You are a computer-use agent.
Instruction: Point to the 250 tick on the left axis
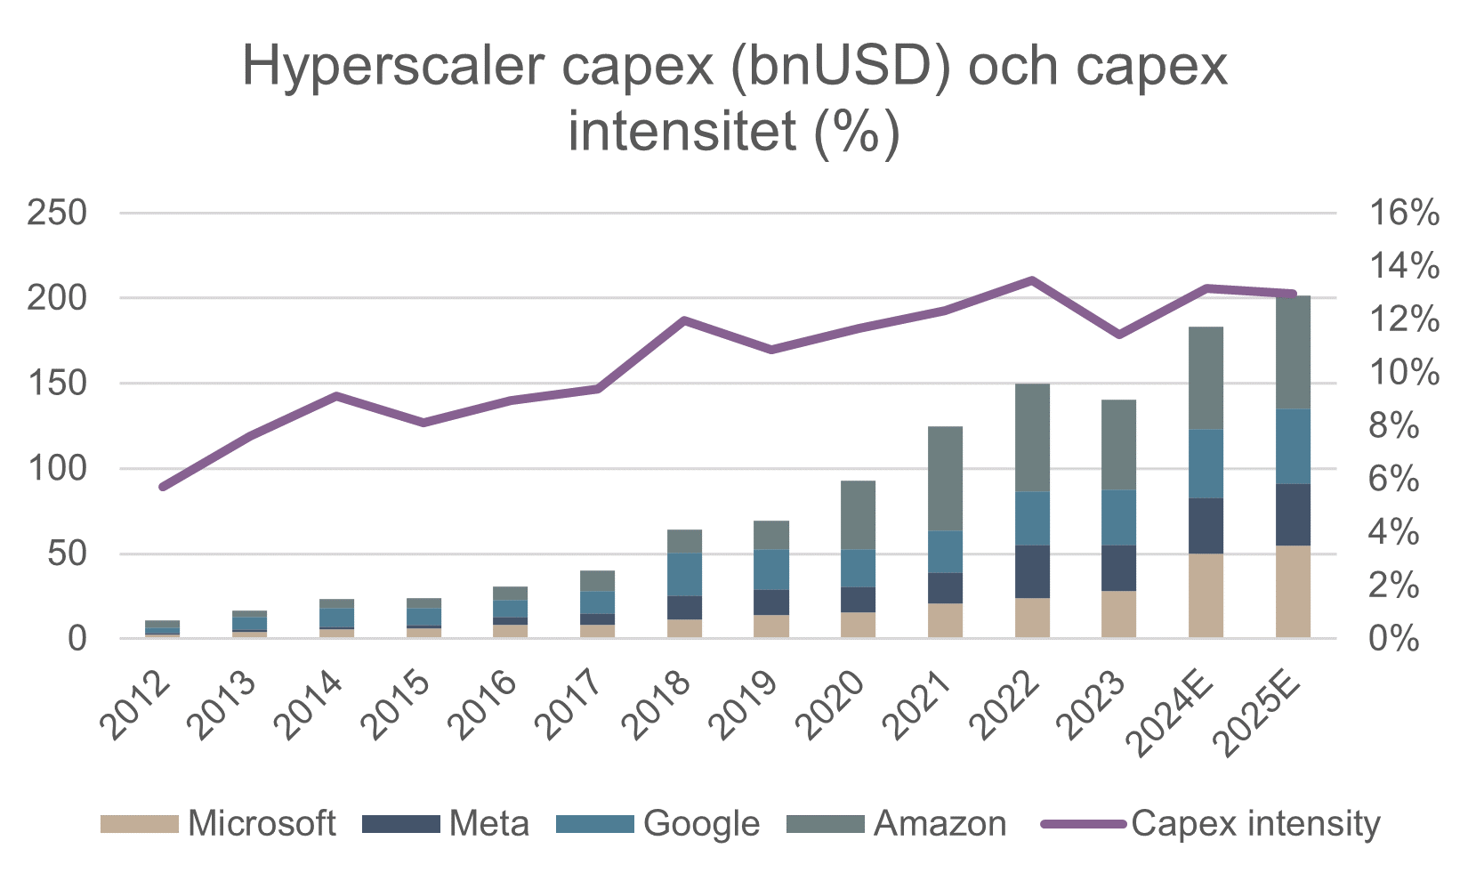[x=57, y=214]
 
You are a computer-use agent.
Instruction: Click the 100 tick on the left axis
[x=57, y=469]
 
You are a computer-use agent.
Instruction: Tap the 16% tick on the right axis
[x=1404, y=214]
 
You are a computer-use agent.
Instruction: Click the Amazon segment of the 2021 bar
[x=945, y=479]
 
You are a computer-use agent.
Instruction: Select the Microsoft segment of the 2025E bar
[x=1293, y=592]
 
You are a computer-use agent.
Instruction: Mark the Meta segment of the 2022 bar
[x=1032, y=571]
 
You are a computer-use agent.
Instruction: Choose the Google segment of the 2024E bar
[x=1206, y=464]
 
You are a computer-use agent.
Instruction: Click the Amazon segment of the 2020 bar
[x=858, y=515]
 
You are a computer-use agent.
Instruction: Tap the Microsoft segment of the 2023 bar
[x=1118, y=614]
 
